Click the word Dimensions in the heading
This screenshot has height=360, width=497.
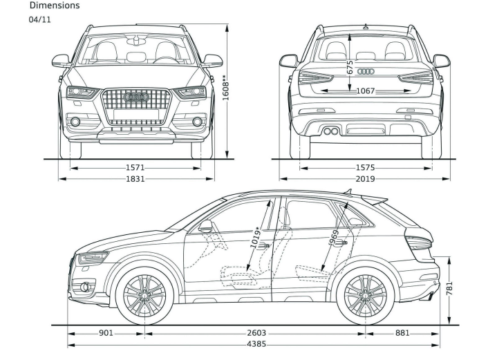(54, 6)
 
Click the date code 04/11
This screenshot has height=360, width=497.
(39, 19)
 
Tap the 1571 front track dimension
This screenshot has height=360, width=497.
(135, 167)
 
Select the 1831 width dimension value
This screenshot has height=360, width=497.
(135, 179)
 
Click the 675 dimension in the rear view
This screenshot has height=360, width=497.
(350, 68)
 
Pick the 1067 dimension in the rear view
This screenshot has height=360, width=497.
(365, 91)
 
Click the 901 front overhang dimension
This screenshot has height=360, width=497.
(106, 333)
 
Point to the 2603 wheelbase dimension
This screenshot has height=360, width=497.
(255, 333)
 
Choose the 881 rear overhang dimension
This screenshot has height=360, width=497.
(402, 333)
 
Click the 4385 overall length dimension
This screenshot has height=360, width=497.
(255, 343)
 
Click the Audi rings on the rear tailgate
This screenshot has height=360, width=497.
(365, 71)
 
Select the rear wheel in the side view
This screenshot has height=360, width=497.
(365, 296)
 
